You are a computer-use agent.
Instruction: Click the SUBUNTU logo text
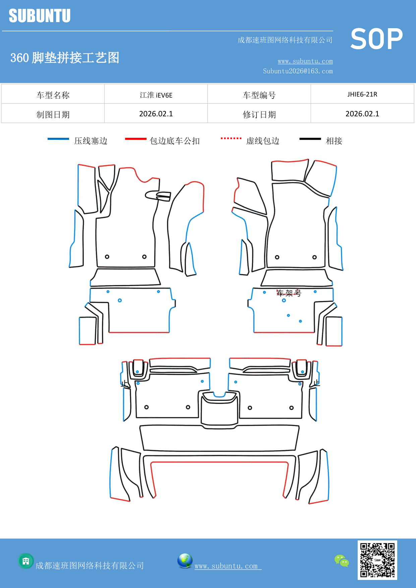point(40,16)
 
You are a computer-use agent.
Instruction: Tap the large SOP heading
point(376,39)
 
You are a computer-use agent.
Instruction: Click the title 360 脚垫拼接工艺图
point(65,58)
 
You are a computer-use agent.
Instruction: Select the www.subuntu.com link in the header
point(305,61)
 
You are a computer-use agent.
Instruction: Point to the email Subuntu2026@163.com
point(298,71)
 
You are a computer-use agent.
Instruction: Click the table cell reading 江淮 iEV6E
point(156,95)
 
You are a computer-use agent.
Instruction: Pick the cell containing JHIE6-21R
point(362,94)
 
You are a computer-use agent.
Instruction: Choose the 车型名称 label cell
point(53,95)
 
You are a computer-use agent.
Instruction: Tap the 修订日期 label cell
point(259,114)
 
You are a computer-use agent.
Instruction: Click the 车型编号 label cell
point(259,95)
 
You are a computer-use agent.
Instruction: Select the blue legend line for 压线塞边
point(58,139)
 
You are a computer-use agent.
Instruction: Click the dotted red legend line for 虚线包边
point(231,138)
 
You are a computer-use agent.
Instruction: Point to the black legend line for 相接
point(310,139)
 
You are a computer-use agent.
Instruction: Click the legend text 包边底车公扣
point(175,141)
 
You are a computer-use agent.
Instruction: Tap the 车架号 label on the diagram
point(289,293)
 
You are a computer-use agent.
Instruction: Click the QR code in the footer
point(377,560)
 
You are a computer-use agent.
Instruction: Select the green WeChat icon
point(342,561)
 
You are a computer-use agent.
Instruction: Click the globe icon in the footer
point(185,561)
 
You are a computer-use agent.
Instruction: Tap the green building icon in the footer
point(26,561)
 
